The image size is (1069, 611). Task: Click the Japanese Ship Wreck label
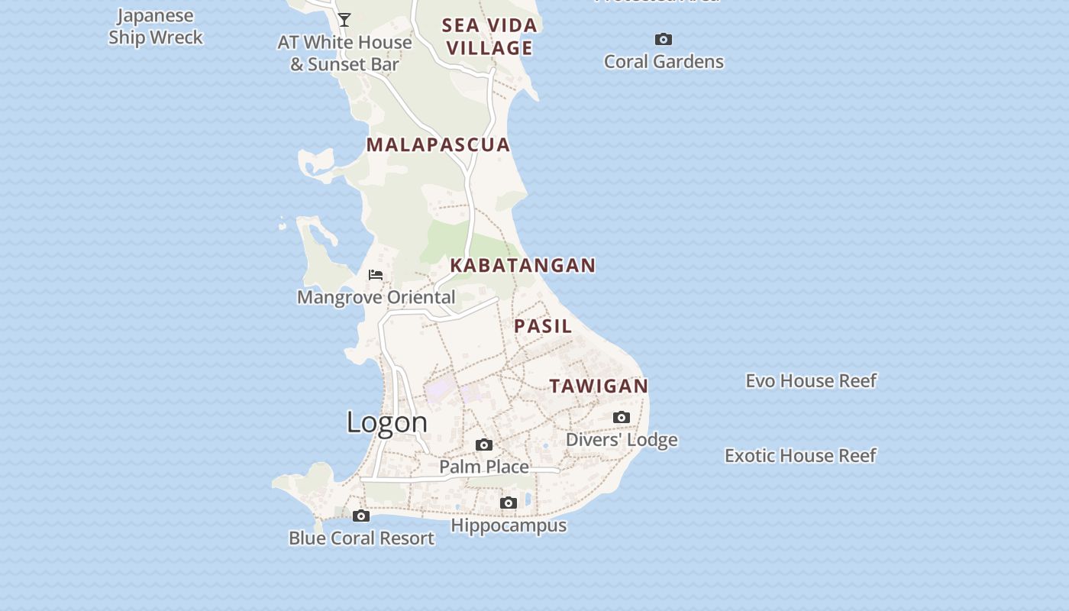click(156, 27)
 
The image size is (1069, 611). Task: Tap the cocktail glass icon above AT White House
click(344, 20)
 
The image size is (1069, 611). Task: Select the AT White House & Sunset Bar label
click(344, 53)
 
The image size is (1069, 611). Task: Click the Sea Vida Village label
click(489, 37)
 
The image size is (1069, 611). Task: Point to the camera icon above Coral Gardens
click(664, 39)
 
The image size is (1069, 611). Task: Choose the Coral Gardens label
click(664, 62)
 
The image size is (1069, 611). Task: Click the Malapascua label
click(438, 144)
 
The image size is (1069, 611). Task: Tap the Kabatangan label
click(522, 265)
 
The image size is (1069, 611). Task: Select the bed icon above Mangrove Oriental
click(376, 275)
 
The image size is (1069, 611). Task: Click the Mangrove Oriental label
click(376, 297)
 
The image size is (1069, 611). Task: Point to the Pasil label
click(543, 326)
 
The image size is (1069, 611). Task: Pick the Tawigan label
click(599, 386)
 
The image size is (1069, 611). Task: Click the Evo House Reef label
click(811, 380)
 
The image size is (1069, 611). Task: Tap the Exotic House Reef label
click(800, 456)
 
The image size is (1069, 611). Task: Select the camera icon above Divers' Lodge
click(622, 417)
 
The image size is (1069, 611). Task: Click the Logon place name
click(387, 422)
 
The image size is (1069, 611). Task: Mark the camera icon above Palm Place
click(484, 445)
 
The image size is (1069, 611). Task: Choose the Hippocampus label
click(509, 525)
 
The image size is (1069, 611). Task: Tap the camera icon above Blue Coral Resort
click(361, 516)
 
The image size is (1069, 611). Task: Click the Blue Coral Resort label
click(361, 538)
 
